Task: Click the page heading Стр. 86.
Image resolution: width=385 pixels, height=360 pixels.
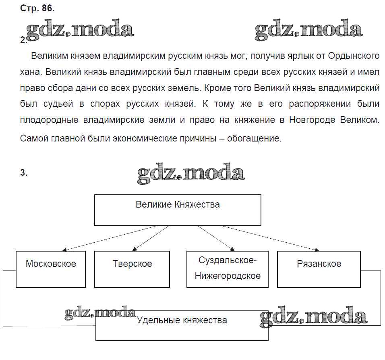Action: coord(37,8)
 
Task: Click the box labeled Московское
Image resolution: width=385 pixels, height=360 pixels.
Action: coord(51,269)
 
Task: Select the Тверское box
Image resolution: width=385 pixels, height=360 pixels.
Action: coord(132,269)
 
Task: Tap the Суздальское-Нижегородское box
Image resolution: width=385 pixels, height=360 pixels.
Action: coord(228,269)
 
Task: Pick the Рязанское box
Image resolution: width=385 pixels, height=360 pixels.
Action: coord(319,269)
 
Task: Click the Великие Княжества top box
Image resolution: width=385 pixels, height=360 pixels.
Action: coord(178,210)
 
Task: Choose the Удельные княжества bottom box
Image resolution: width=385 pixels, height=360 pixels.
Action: coord(182,326)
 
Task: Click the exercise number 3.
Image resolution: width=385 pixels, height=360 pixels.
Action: coord(24,173)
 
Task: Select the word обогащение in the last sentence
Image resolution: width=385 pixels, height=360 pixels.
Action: coord(253,139)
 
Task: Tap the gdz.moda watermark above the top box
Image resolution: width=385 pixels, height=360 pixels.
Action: coord(190,173)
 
